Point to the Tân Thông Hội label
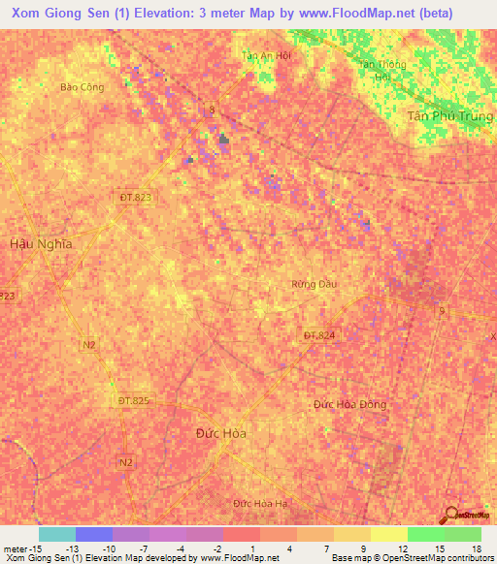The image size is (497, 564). tap(380, 71)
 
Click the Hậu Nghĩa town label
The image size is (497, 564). tap(41, 244)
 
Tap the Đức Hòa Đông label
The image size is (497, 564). tap(349, 403)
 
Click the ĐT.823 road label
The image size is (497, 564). tap(136, 197)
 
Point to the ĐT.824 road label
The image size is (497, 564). tap(318, 335)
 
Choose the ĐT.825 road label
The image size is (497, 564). tap(134, 400)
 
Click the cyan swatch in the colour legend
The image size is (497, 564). tap(56, 534)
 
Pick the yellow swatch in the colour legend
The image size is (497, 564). tap(389, 534)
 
